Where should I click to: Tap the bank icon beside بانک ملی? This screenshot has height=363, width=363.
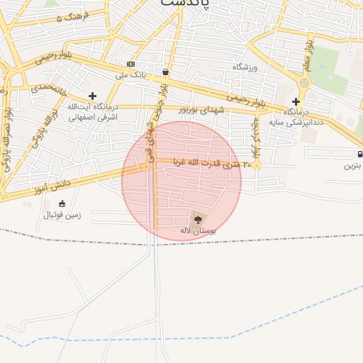[x=130, y=64]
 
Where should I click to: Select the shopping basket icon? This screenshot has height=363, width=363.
[x=165, y=72]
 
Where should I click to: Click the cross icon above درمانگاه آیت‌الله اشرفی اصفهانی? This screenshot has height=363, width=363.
[x=92, y=96]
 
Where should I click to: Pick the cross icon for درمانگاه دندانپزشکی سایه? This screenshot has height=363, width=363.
[x=296, y=101]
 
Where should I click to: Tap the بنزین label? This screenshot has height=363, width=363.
[x=352, y=165]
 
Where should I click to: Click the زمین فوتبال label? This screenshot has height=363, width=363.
[x=62, y=214]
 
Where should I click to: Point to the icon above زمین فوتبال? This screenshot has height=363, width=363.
[x=62, y=204]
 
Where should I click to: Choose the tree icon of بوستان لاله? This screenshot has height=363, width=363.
[x=197, y=220]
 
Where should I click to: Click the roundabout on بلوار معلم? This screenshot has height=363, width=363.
[x=304, y=83]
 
